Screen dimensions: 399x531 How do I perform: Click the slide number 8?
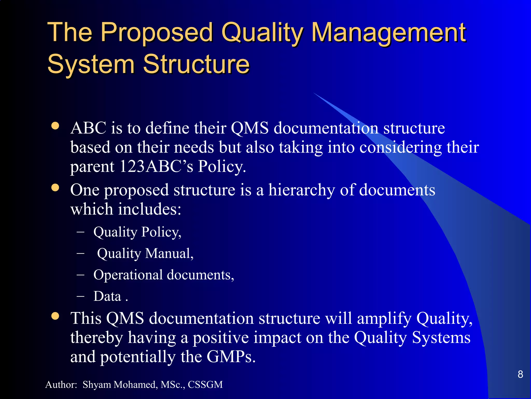[520, 374]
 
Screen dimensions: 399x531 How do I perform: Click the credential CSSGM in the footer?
[205, 385]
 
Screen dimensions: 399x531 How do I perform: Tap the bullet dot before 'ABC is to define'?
[55, 126]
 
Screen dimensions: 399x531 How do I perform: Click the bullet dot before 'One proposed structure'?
[55, 188]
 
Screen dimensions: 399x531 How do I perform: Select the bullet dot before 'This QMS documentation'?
[55, 316]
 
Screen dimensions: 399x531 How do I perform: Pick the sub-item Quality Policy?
[137, 232]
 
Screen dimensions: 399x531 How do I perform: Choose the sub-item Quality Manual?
[145, 254]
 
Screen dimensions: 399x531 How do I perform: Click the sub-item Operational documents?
[164, 275]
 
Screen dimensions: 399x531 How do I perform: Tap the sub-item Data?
[107, 296]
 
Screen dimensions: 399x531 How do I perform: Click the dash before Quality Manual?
[81, 253]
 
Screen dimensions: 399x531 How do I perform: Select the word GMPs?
[231, 357]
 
